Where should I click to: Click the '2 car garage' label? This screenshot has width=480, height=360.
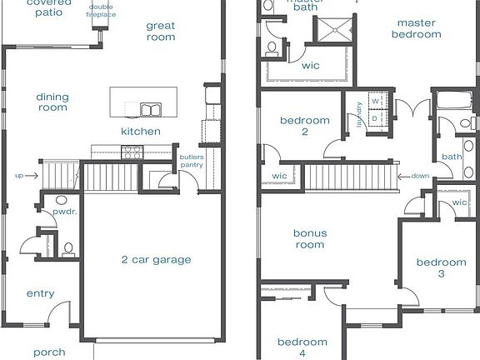click(x=157, y=259)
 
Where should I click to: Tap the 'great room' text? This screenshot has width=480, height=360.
click(x=161, y=32)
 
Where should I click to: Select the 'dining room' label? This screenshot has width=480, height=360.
click(x=52, y=102)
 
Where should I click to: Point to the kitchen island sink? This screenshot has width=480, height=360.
click(x=150, y=109)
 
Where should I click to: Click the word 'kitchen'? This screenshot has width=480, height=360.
click(x=141, y=132)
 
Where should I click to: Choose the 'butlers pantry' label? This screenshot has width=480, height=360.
click(x=192, y=161)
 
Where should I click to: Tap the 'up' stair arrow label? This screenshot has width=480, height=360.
click(x=19, y=176)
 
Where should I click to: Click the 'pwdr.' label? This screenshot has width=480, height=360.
click(x=64, y=212)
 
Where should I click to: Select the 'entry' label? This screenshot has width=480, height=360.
click(x=41, y=293)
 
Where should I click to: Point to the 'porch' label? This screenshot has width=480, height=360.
click(x=49, y=352)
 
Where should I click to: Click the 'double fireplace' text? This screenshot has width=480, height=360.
click(x=102, y=12)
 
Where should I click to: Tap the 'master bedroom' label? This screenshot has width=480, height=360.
click(x=417, y=28)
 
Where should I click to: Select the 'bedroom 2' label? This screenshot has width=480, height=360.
click(x=304, y=126)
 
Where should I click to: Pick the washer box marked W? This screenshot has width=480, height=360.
click(x=375, y=101)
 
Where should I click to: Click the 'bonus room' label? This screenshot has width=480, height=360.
click(x=310, y=238)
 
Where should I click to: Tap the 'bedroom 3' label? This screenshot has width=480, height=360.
click(x=442, y=267)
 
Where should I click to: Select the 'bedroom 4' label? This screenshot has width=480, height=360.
click(x=302, y=347)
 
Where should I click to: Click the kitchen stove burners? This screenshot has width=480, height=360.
click(x=132, y=152)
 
